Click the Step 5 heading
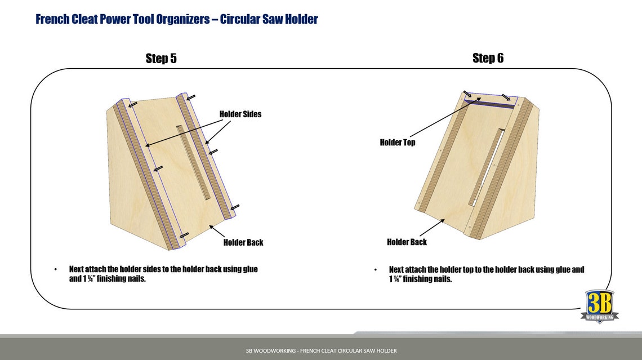point(161,58)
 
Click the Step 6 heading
point(488,58)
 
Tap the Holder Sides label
point(240,114)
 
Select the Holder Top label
point(398,143)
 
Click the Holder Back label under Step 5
point(243,242)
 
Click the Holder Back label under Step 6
point(407,242)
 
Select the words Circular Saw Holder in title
point(269,19)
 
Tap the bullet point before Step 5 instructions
point(55,270)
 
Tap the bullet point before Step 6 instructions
point(376,270)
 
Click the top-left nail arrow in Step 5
point(132,104)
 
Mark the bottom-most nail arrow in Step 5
point(183,235)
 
